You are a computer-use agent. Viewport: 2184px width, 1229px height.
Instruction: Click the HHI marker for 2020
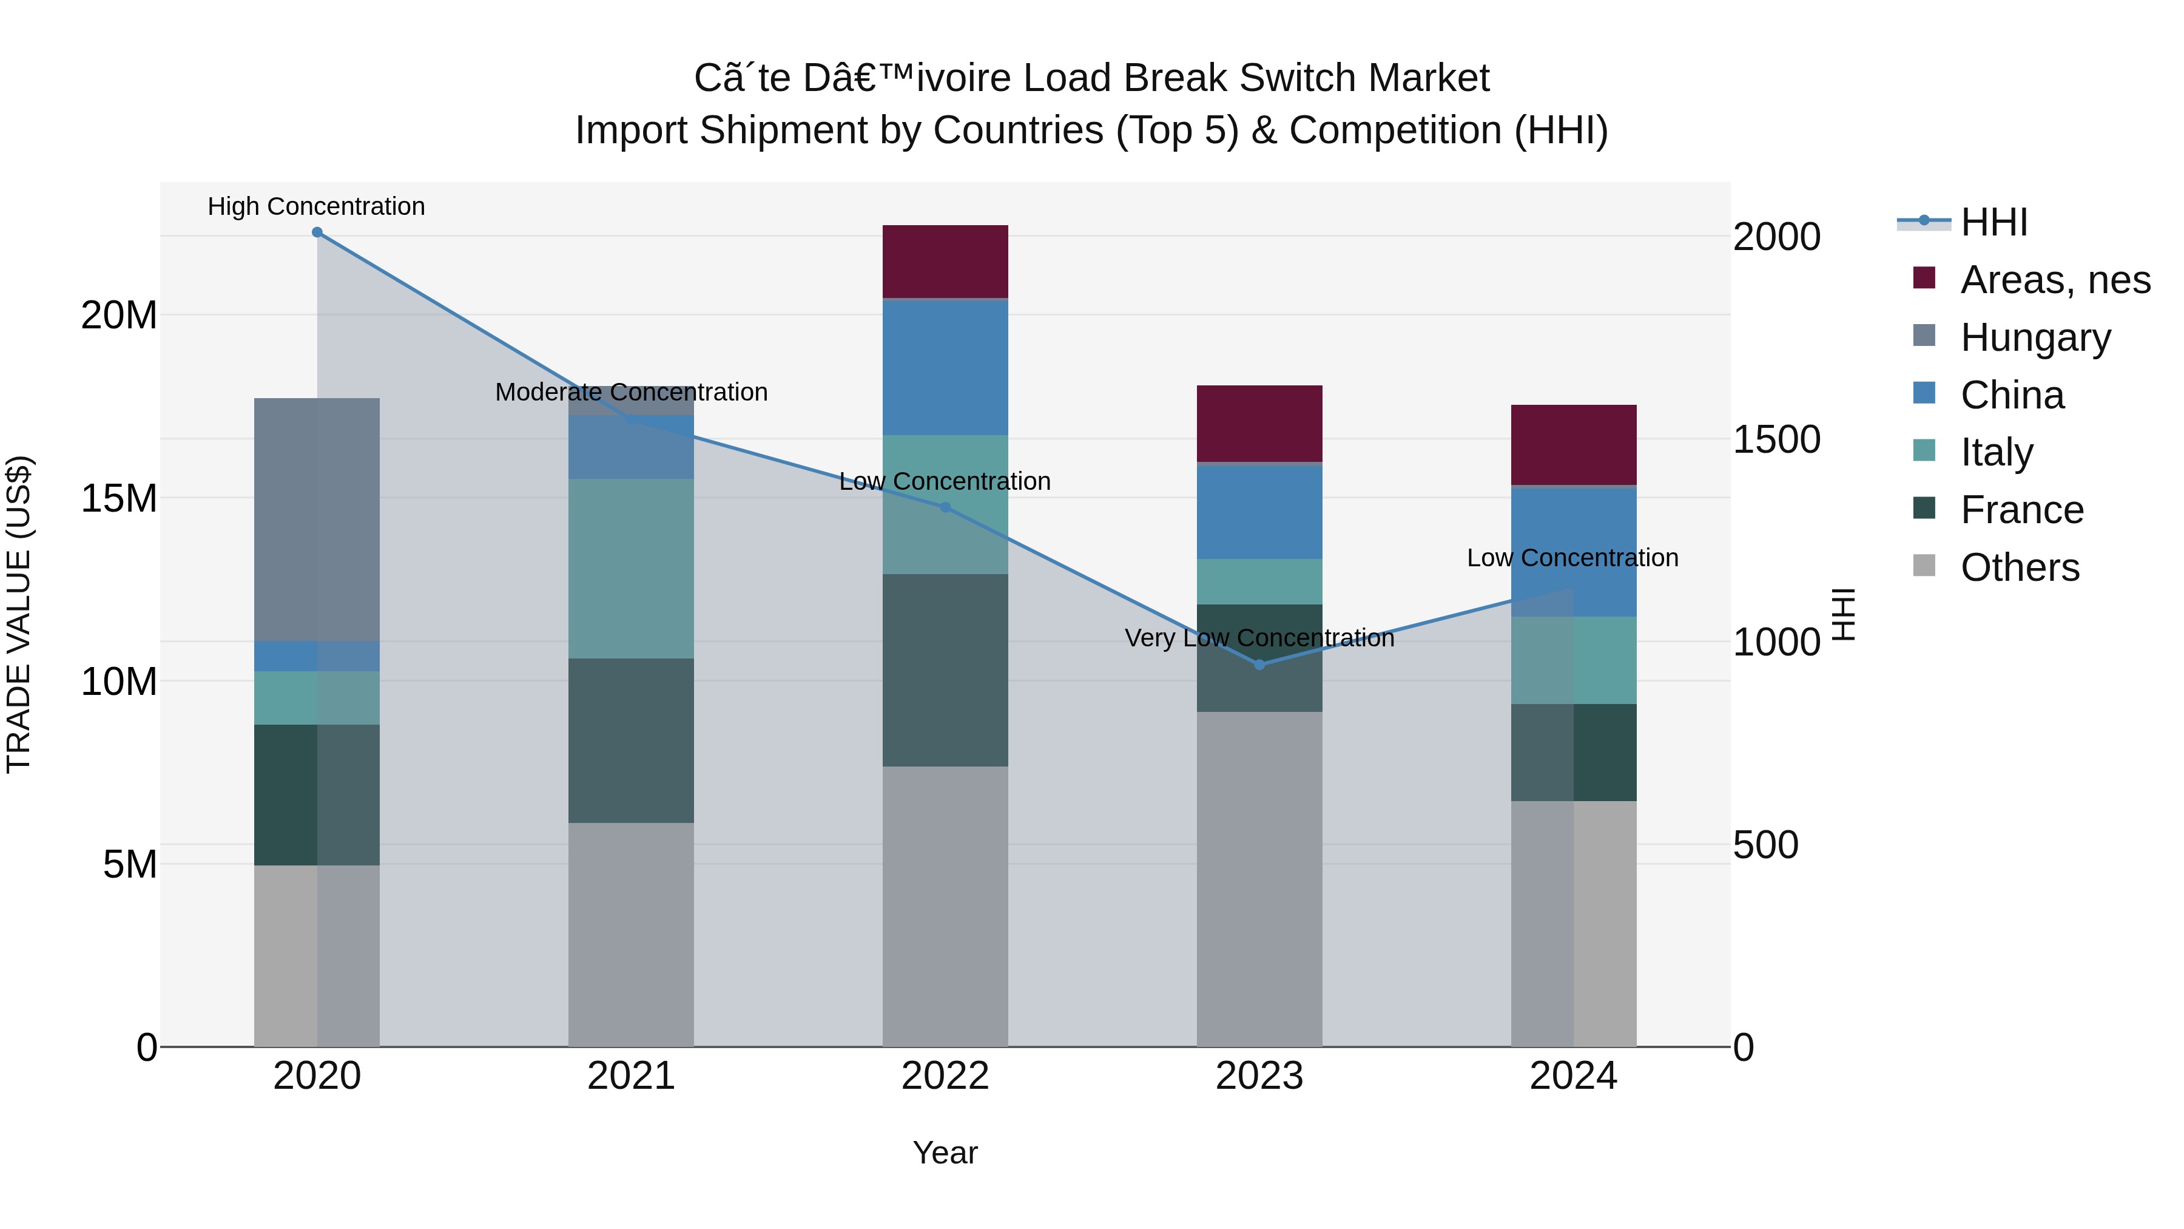pos(317,232)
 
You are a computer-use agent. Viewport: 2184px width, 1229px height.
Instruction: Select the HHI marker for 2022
pos(945,507)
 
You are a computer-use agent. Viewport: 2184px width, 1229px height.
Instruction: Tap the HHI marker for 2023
pos(1259,665)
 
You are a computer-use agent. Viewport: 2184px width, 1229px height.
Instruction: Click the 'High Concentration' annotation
pos(316,207)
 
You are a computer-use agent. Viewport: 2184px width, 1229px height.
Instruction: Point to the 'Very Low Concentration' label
pos(1259,638)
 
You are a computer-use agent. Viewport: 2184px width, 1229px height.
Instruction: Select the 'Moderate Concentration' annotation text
pos(631,393)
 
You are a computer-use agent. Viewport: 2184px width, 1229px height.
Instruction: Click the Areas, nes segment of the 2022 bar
pos(945,261)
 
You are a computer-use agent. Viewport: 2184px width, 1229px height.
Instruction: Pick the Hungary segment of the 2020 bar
pos(317,519)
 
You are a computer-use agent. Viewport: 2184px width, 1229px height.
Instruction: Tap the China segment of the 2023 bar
pos(1259,512)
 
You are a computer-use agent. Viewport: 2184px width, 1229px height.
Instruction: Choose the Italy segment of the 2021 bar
pos(631,568)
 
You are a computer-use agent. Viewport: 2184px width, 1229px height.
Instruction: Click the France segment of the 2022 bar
pos(945,670)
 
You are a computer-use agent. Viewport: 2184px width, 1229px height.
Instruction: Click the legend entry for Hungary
pos(2035,337)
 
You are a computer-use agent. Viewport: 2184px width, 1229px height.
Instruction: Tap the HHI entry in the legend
pos(1992,222)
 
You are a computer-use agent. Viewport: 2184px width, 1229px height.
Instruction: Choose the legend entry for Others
pos(2020,567)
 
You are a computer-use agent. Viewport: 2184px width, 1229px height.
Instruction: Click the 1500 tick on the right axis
pos(1776,439)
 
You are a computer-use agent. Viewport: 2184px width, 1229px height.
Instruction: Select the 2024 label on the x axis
pos(1574,1076)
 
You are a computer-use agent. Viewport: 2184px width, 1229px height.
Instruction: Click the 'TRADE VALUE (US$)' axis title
pos(19,614)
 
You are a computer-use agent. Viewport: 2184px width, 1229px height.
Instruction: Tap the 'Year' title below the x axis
pos(945,1153)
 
